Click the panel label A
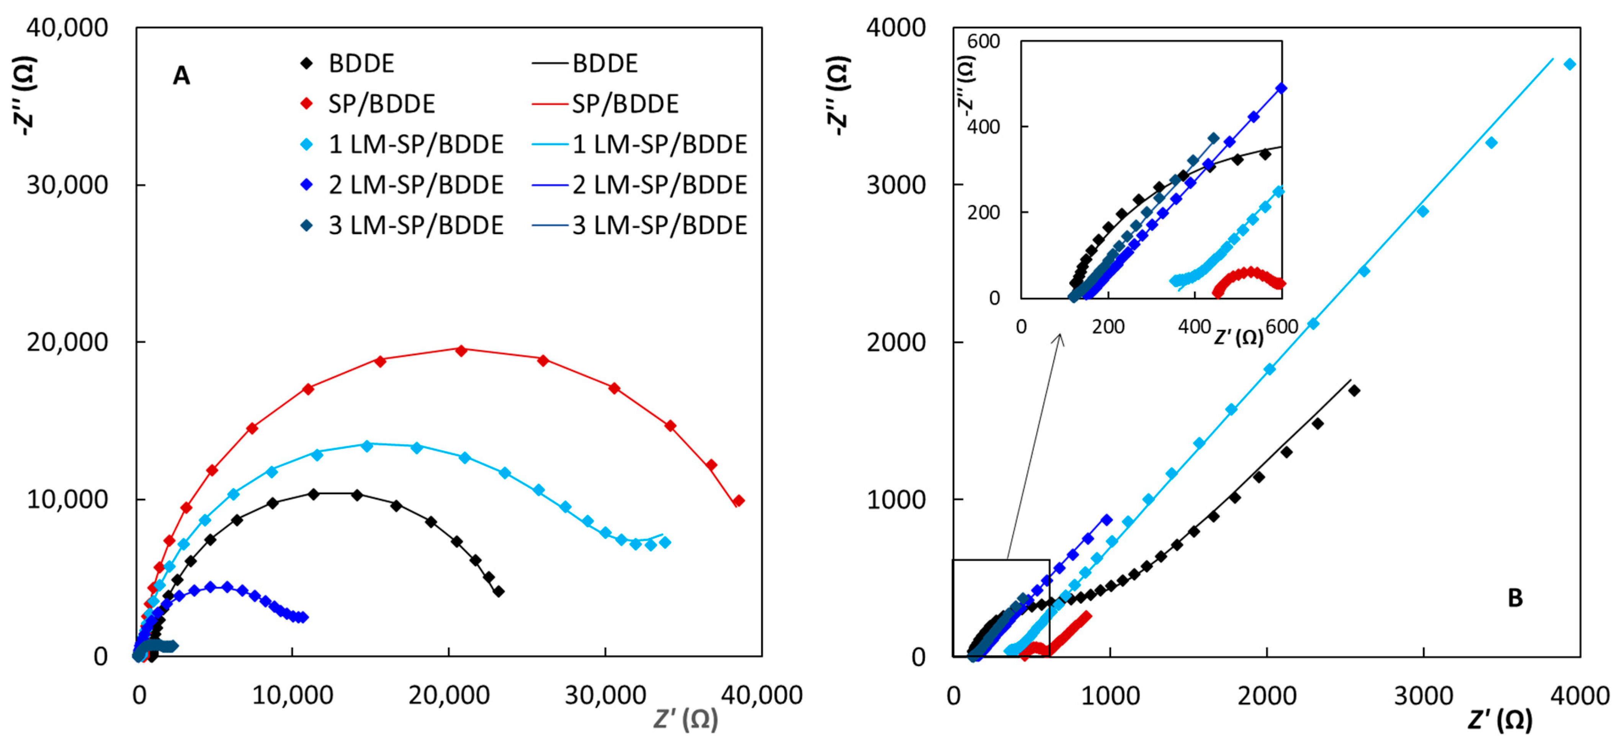click(x=181, y=76)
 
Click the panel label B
click(x=1515, y=598)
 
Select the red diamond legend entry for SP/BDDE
click(x=307, y=104)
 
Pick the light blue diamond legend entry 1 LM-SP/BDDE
click(x=307, y=144)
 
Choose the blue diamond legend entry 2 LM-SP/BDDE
click(x=307, y=185)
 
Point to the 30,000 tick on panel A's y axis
click(x=67, y=185)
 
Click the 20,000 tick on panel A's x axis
click(x=448, y=695)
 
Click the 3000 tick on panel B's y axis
click(x=895, y=185)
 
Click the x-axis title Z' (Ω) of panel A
click(x=685, y=719)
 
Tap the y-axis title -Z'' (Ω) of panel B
click(x=839, y=95)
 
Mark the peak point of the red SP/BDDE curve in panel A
click(x=461, y=350)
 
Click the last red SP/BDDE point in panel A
click(x=739, y=500)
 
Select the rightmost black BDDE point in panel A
click(x=499, y=591)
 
